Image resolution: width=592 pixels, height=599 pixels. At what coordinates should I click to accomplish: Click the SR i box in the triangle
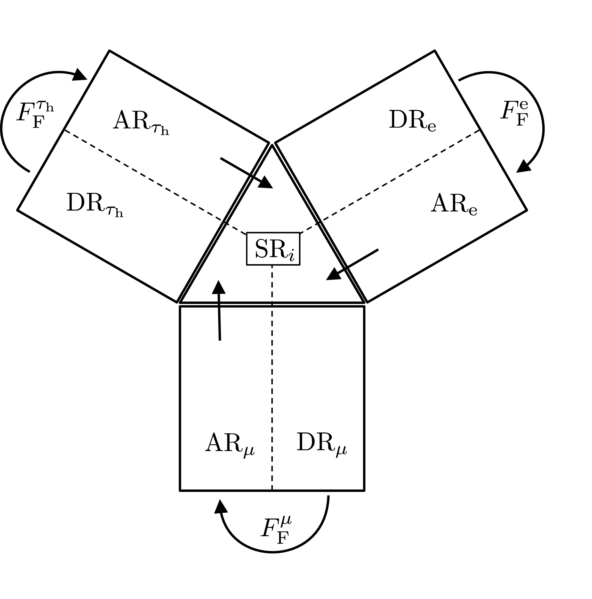[273, 249]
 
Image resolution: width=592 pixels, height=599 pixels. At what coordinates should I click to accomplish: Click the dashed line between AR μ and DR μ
[272, 387]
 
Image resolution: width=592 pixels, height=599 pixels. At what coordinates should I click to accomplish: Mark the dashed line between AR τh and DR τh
[140, 173]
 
